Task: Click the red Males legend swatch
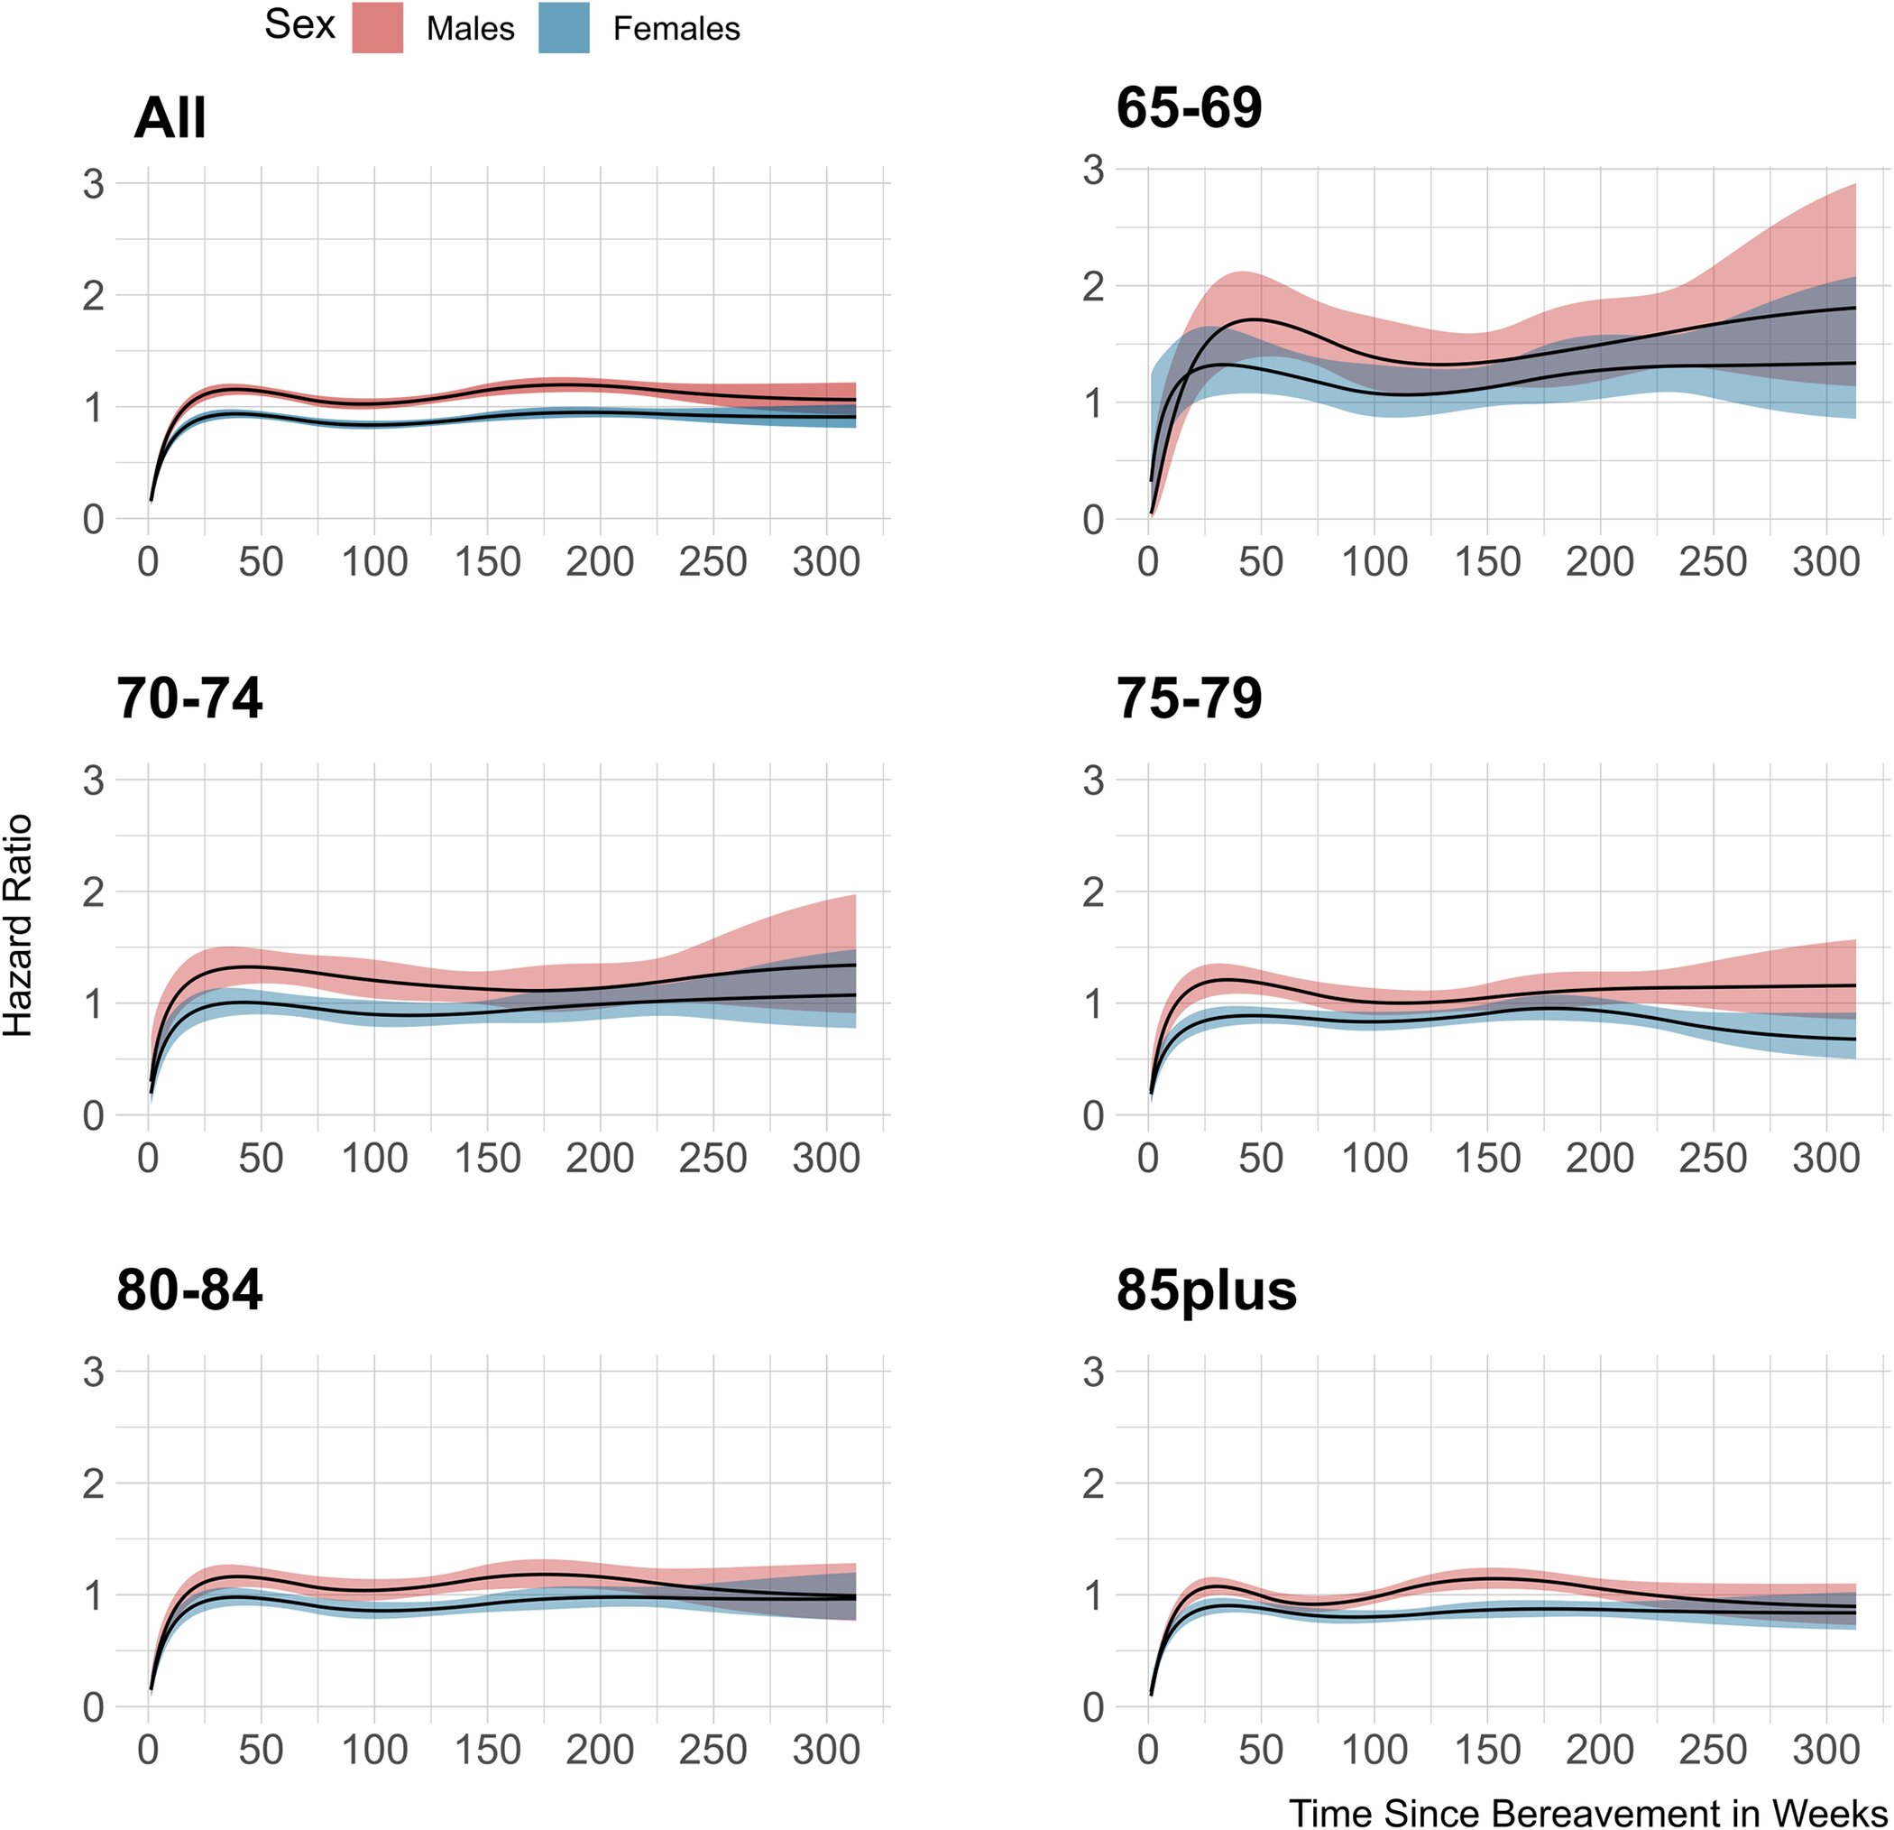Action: tap(377, 27)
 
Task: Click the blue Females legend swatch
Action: tap(565, 27)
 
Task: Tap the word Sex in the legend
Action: tap(299, 24)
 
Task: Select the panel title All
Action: tap(170, 119)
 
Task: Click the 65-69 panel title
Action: tap(1189, 107)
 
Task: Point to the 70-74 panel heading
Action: tap(189, 698)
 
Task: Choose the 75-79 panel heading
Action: tap(1189, 698)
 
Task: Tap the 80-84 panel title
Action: tap(189, 1289)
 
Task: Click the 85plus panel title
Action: tap(1206, 1289)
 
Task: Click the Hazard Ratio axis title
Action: tap(18, 925)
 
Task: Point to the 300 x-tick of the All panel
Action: tap(826, 561)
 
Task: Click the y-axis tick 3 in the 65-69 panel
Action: tap(1093, 171)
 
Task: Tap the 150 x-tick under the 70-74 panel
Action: tap(487, 1158)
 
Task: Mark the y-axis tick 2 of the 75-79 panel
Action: tap(1093, 892)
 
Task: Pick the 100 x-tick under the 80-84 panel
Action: tap(374, 1750)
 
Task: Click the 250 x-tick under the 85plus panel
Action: tap(1714, 1750)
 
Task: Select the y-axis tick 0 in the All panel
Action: tap(93, 520)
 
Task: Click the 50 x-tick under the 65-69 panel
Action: tap(1261, 561)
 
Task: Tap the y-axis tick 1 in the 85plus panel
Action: tap(1093, 1596)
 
